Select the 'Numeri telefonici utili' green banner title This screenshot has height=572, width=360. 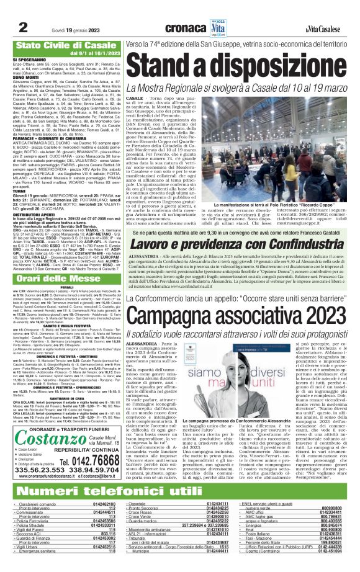tap(101, 492)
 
